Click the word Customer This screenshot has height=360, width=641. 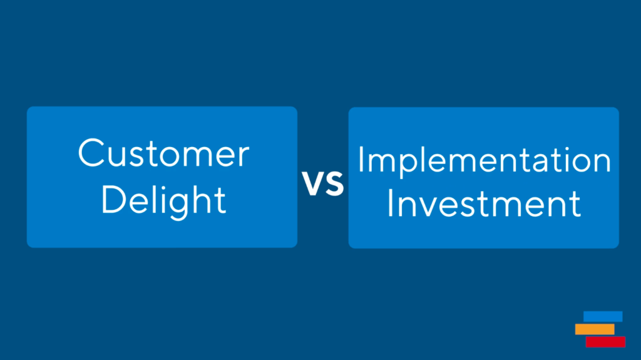coord(163,153)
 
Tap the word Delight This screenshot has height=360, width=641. coord(163,201)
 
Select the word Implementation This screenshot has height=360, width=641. coord(484,161)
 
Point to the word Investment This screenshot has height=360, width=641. coord(484,203)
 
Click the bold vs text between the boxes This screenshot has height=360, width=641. coord(323,183)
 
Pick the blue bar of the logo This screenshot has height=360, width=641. coord(603,317)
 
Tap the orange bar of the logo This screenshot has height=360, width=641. coord(595,329)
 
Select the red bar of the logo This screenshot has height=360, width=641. coord(605,342)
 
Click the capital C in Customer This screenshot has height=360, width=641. coord(91,153)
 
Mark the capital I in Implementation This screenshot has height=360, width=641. coord(361,160)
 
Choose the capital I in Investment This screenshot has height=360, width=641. coord(389,203)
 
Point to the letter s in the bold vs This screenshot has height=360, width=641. coord(335,183)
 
